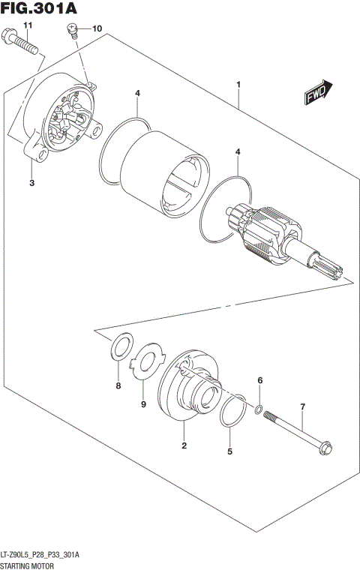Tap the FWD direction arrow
point(318,92)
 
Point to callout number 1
point(238,85)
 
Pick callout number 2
point(184,447)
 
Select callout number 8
point(118,386)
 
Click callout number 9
point(143,405)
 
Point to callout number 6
point(259,382)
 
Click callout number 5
point(230,451)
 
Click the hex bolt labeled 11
point(22,44)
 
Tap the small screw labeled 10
point(73,31)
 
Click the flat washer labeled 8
point(119,346)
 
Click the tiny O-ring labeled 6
point(259,409)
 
